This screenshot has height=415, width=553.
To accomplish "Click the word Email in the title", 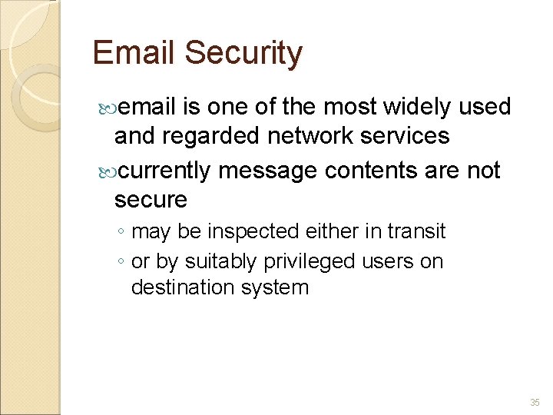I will point(134,53).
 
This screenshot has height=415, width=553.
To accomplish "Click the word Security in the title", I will point(243,54).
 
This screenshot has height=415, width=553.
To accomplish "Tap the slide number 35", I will point(535,403).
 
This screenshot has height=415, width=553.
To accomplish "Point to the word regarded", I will point(215,136).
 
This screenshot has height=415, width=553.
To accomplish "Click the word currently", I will point(165,171).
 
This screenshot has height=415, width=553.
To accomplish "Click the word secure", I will point(151,200).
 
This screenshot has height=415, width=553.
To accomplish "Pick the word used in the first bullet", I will point(485,107).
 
